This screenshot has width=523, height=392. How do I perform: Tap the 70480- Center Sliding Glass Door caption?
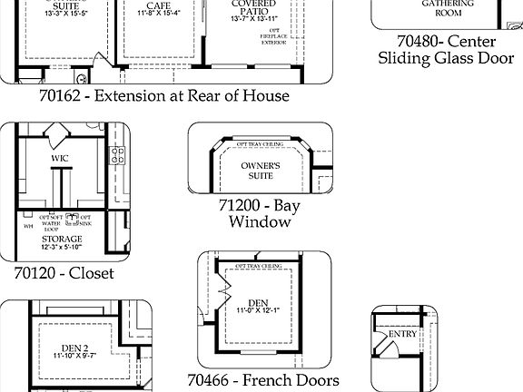(446, 50)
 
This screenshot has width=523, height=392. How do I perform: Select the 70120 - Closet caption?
(64, 272)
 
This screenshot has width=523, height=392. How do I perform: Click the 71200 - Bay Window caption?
(259, 213)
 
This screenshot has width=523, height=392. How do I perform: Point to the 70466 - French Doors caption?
(263, 380)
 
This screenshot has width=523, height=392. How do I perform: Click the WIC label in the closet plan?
(60, 158)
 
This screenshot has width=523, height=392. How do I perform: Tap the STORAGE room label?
(61, 239)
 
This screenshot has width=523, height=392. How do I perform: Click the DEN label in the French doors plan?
(258, 302)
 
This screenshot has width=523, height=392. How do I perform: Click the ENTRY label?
(402, 334)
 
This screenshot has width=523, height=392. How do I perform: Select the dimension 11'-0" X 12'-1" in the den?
(258, 312)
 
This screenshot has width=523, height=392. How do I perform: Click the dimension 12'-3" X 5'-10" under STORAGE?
(61, 247)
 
